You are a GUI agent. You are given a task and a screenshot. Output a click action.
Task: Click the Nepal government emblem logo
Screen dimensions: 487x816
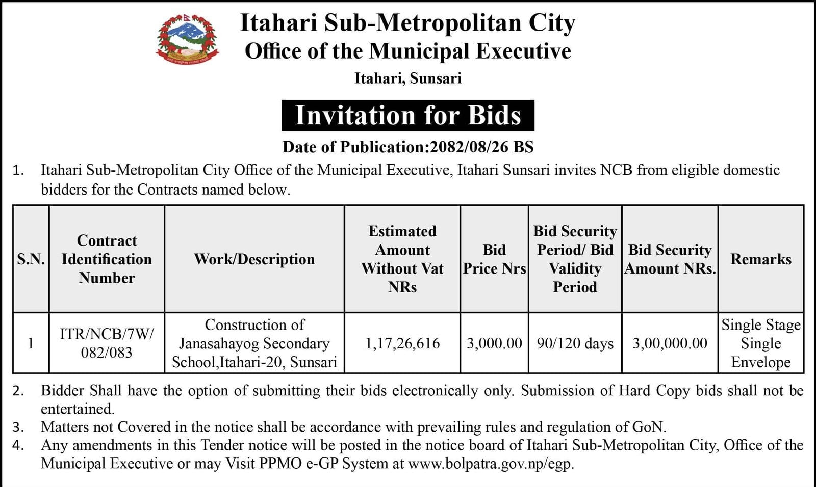click(188, 41)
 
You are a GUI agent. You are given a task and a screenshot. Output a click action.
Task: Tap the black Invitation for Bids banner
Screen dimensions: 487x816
click(407, 116)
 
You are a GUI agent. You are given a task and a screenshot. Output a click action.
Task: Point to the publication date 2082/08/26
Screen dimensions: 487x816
click(469, 147)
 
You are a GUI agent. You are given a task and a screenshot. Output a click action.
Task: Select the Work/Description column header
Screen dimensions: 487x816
click(254, 259)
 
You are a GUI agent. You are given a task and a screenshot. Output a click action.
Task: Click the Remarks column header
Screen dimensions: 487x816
click(760, 259)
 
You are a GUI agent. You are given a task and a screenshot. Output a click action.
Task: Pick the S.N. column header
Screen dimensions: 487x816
click(31, 259)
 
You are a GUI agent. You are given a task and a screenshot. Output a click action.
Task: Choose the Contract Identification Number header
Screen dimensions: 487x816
click(107, 259)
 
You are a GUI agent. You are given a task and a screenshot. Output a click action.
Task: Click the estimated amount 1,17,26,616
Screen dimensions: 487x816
click(402, 343)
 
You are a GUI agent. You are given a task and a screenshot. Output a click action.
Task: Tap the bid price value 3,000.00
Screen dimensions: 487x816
click(494, 343)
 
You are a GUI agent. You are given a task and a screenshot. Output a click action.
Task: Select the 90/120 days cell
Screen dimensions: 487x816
click(575, 343)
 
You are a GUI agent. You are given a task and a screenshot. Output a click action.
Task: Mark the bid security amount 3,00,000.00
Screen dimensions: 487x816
click(670, 343)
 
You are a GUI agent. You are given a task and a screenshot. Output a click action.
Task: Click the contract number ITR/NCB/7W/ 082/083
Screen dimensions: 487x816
click(107, 343)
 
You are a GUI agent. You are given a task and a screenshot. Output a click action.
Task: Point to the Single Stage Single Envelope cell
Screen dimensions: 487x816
click(760, 343)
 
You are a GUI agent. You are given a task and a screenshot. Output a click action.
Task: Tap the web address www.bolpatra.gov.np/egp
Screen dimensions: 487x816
click(491, 464)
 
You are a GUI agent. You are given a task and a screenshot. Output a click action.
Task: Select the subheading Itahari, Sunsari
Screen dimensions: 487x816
click(408, 78)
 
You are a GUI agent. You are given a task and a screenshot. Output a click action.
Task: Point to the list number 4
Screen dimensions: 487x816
click(18, 446)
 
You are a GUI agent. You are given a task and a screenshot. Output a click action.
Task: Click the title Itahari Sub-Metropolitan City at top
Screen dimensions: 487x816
click(407, 23)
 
